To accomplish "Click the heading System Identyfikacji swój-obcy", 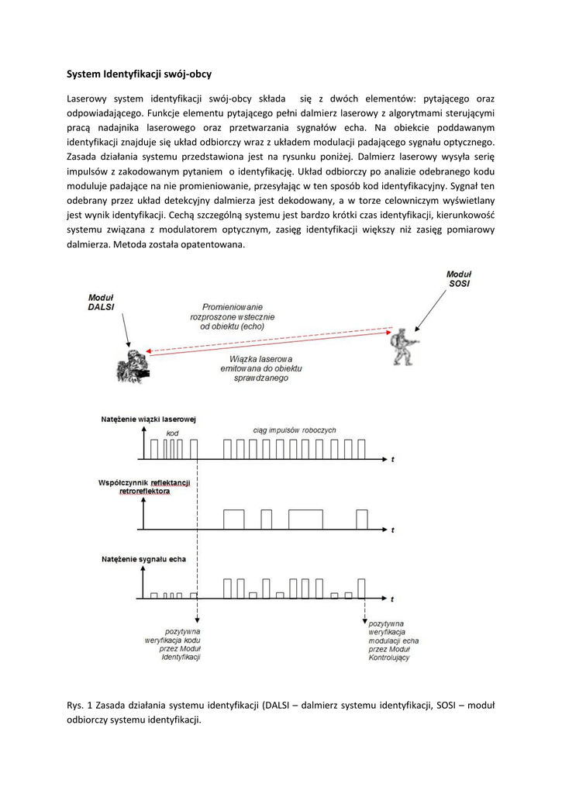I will click(139, 74).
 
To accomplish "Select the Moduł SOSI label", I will click(458, 279).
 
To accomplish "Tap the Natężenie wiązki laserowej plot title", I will click(148, 419).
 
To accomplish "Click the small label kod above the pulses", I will click(173, 432).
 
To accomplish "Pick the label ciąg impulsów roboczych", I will click(294, 430).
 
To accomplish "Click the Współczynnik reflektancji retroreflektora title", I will click(145, 486).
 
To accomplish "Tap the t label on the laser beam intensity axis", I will click(392, 460).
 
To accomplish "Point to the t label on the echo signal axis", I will click(392, 599).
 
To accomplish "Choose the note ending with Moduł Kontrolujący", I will click(394, 640).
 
